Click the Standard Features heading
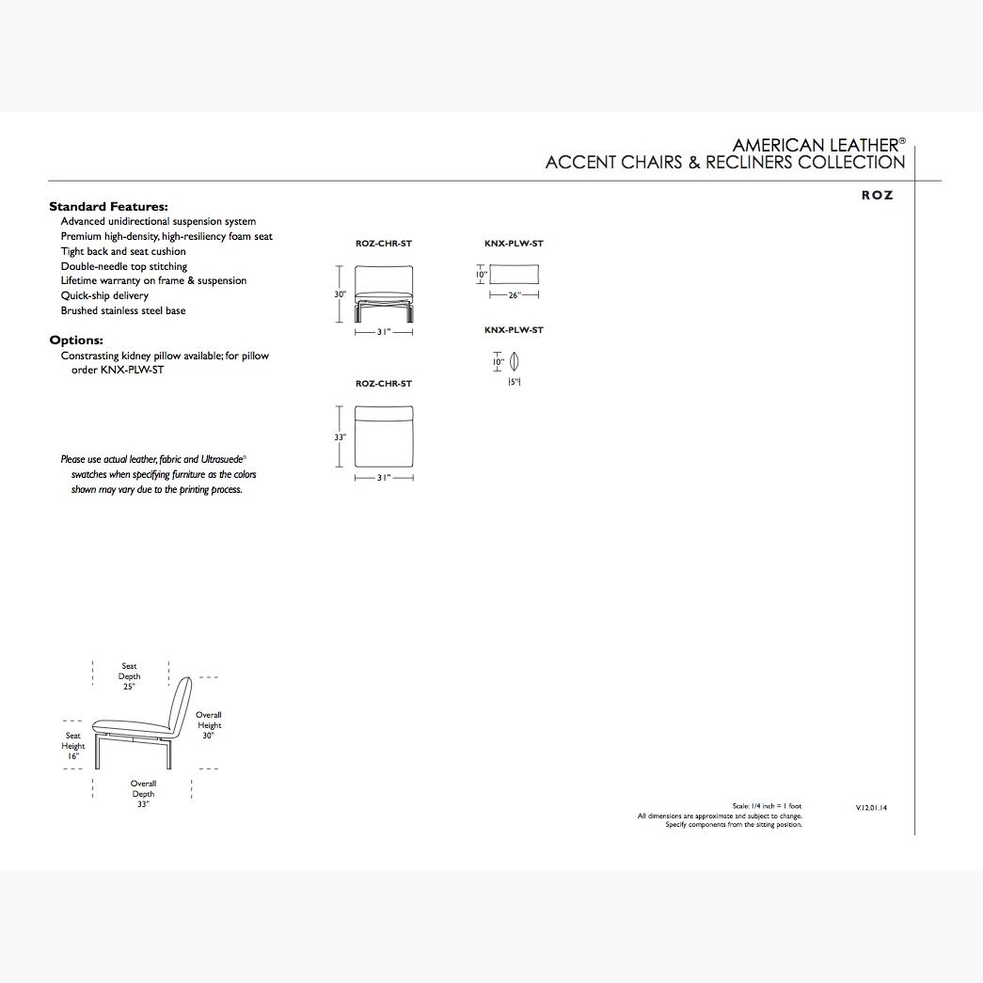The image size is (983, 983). (x=108, y=206)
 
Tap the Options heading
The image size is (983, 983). (x=76, y=341)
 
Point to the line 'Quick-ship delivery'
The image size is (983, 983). (x=104, y=295)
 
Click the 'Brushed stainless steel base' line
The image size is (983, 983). (x=123, y=310)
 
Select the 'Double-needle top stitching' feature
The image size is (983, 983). (x=124, y=266)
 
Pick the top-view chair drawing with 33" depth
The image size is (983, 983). (x=384, y=436)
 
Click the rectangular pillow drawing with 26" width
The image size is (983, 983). (x=515, y=275)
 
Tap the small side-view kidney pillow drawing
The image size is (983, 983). (x=515, y=361)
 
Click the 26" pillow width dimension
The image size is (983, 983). (x=515, y=295)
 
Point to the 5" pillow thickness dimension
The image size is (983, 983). (x=515, y=382)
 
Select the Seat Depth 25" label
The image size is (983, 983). (x=129, y=676)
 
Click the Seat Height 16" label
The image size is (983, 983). (x=73, y=746)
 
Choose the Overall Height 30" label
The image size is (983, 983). (x=209, y=725)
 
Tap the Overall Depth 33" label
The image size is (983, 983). (x=143, y=794)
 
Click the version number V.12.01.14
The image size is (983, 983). (x=871, y=807)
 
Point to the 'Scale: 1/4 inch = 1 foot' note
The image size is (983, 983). (x=767, y=806)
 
